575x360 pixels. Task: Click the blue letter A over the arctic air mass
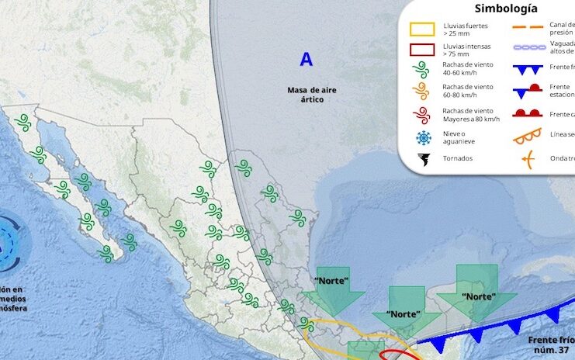pyautogui.click(x=307, y=59)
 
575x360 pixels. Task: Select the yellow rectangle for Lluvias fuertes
pyautogui.click(x=422, y=30)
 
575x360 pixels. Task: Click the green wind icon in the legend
pyautogui.click(x=422, y=71)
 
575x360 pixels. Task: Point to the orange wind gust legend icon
pyautogui.click(x=422, y=92)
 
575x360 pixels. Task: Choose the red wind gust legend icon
pyautogui.click(x=422, y=115)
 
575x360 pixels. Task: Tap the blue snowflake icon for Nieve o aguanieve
pyautogui.click(x=422, y=138)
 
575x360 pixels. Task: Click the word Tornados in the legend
pyautogui.click(x=458, y=158)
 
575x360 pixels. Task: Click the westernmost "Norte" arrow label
pyautogui.click(x=332, y=280)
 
